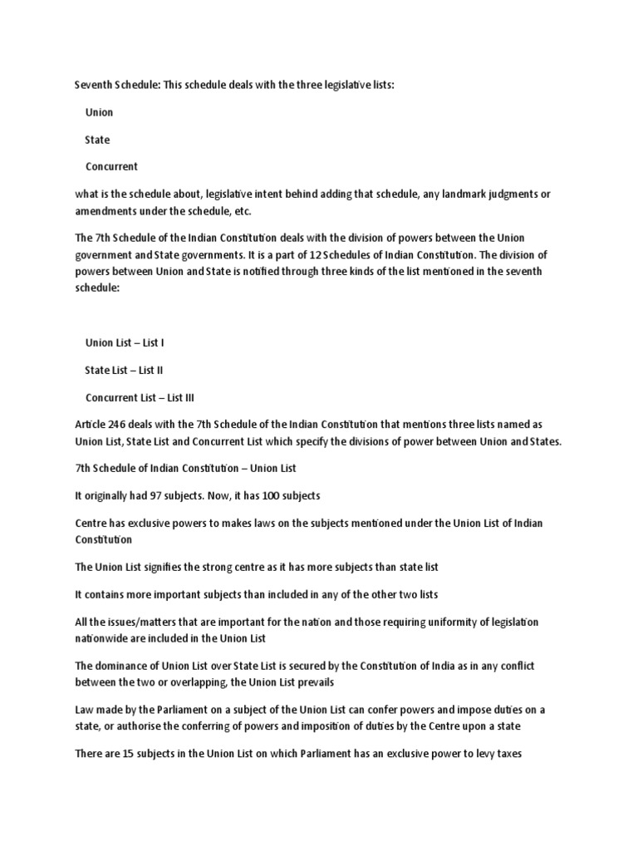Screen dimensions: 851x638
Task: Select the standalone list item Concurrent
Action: (x=111, y=166)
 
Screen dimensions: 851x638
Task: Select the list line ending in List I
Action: (x=125, y=342)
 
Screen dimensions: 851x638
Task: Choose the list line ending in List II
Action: (x=124, y=370)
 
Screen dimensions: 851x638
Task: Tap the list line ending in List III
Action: (x=140, y=397)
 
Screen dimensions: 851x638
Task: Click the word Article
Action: (x=91, y=425)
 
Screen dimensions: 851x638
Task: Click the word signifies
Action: (x=169, y=567)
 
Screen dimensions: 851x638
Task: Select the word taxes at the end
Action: (x=507, y=755)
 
